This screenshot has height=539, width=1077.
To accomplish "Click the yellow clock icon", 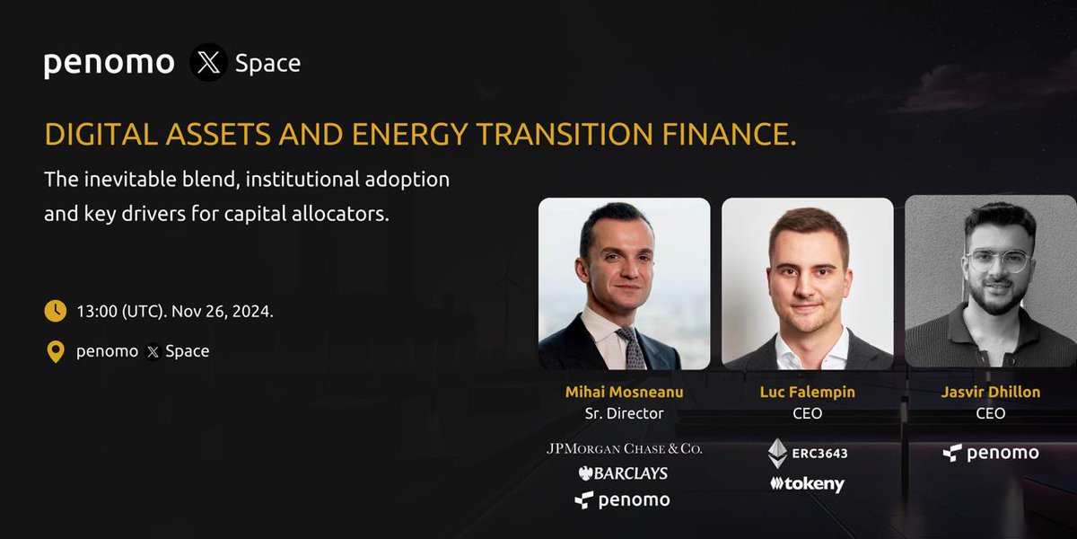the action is tap(56, 311).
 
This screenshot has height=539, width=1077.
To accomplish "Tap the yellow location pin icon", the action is tap(56, 352).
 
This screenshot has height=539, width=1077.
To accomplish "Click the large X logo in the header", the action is tap(208, 62).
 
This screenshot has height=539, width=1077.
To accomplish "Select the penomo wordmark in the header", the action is tap(109, 64).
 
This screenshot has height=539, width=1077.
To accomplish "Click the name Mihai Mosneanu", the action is tap(624, 392).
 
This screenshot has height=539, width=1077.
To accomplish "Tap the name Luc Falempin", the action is tap(807, 392).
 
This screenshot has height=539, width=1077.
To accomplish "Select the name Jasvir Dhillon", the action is tap(991, 392).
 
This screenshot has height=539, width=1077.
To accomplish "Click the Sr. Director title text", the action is tap(624, 413).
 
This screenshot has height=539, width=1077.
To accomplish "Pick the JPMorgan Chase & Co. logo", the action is tap(624, 449).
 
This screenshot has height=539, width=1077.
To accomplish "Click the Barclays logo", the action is tap(623, 473).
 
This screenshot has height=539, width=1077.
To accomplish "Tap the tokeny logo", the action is tap(807, 483).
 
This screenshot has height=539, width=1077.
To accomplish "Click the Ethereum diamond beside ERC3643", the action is tap(777, 454).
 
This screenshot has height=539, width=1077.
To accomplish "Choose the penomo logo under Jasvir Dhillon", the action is tap(991, 453).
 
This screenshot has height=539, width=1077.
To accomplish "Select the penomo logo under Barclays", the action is tap(622, 500).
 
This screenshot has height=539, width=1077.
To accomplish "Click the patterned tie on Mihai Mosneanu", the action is tap(632, 349).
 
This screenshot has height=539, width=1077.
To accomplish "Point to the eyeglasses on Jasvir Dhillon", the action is tap(999, 261).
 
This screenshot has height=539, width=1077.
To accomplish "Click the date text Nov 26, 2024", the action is tap(223, 312).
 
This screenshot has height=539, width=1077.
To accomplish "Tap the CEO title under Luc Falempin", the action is tap(807, 413).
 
